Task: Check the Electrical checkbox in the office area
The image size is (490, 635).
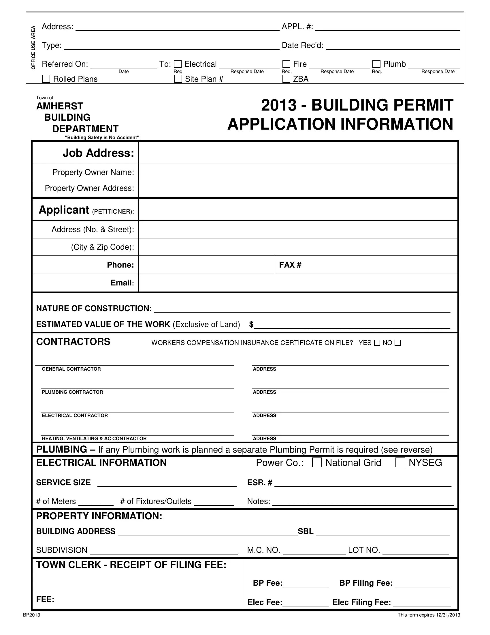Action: pos(178,64)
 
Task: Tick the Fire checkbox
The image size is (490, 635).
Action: pos(286,64)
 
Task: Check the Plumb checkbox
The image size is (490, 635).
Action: pos(376,64)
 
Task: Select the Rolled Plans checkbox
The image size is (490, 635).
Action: pos(46,79)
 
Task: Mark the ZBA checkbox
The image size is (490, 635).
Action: pos(286,79)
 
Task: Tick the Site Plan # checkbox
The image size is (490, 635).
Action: pos(178,79)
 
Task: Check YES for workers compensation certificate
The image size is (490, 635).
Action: pos(377,343)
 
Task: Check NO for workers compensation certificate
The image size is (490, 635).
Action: pos(398,343)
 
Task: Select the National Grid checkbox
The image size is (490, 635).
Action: pos(317,463)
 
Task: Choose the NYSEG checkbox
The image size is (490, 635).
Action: pos(400,463)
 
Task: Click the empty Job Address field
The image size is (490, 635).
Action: pos(297,153)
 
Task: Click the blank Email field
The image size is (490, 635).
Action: pos(297,283)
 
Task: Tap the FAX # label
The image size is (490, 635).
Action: pos(290,265)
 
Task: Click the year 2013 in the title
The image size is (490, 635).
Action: pos(279,105)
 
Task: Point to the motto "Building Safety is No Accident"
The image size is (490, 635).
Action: pos(102,137)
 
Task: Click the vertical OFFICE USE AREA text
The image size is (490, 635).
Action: pos(33,48)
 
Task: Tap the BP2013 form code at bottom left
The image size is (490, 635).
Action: pos(31,615)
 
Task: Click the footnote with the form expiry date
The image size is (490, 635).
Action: pos(428,615)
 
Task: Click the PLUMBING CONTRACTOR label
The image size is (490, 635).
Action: pos(72,392)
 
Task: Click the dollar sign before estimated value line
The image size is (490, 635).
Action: pos(251,324)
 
